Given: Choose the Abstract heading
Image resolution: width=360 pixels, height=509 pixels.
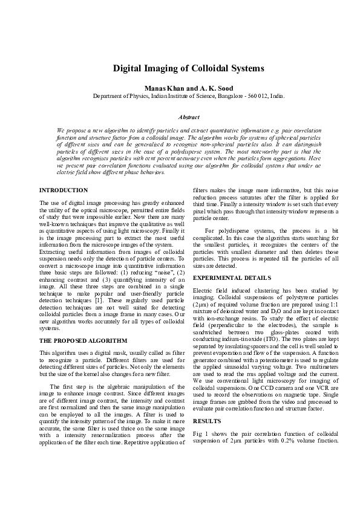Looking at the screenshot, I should [180, 117].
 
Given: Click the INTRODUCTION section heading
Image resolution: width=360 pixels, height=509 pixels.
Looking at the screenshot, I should [63, 190].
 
